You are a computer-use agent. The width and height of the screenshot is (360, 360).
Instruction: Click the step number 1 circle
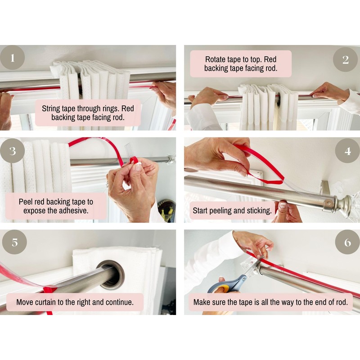[x=12, y=58]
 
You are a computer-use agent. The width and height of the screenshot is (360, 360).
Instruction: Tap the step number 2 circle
[x=346, y=59]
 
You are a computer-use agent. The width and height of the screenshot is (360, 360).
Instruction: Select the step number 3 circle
[x=12, y=151]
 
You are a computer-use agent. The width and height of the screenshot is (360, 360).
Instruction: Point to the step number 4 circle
[x=347, y=151]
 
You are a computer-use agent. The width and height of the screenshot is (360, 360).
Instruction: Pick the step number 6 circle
[x=347, y=242]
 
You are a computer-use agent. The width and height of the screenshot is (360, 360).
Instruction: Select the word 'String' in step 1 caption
[x=53, y=108]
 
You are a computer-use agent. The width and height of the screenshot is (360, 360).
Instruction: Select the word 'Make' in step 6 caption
[x=202, y=302]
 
